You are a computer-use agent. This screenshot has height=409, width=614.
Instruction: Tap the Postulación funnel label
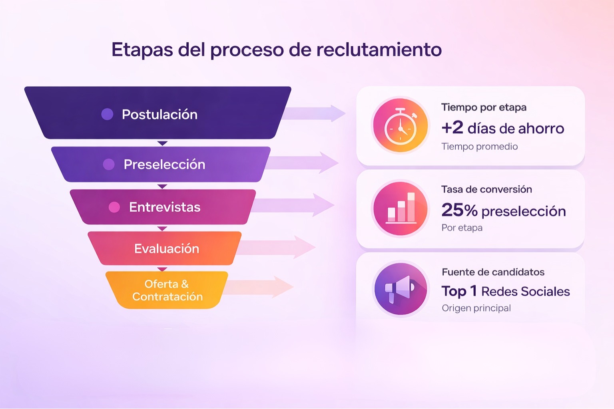point(159,115)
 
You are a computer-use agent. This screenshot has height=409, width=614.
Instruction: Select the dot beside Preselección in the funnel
point(109,164)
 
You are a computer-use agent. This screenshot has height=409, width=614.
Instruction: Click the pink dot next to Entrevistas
point(114,207)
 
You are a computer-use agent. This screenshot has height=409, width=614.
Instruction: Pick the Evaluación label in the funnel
point(167,249)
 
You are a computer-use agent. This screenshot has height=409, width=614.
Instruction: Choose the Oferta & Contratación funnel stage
point(167,290)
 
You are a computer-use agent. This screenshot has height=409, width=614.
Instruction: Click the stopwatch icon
point(400,126)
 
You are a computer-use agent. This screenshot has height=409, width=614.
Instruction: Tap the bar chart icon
point(400,208)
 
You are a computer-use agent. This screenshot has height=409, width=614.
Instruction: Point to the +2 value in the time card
point(452,128)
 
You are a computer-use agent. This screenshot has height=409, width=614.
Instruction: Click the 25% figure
point(459,210)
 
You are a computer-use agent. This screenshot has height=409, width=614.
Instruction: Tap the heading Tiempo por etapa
point(484,107)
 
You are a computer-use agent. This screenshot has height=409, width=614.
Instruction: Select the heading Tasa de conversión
point(486,189)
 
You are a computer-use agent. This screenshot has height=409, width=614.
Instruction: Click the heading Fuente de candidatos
point(493,272)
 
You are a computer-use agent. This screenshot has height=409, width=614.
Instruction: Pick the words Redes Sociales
point(525,292)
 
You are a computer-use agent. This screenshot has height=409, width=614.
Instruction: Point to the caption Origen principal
point(476,308)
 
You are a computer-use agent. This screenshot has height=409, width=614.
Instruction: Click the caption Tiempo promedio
point(479,147)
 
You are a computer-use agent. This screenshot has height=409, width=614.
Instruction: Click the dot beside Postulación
point(107,114)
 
